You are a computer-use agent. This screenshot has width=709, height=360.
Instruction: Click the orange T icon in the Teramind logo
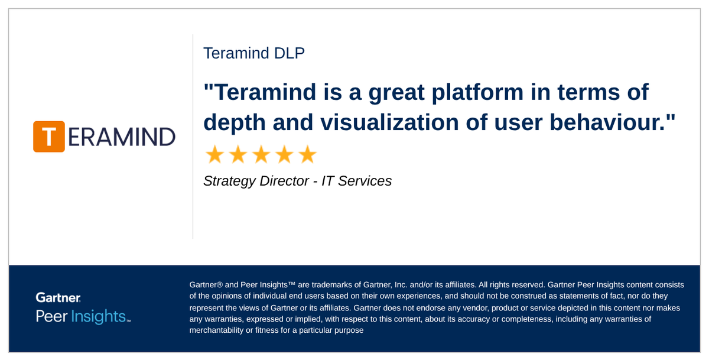point(49,137)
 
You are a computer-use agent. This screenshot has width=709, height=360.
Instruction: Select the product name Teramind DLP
point(254,53)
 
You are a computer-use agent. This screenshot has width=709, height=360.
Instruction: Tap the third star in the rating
point(261,155)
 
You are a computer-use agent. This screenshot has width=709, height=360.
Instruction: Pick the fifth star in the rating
point(307,155)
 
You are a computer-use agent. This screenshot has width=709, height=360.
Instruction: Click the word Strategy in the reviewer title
point(229,181)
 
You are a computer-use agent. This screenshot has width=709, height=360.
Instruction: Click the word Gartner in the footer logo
point(58,298)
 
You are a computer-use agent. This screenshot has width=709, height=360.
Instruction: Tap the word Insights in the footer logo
point(99,316)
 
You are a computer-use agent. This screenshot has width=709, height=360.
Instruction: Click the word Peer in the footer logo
point(51,316)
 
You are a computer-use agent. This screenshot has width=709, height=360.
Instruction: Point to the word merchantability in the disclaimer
point(216,330)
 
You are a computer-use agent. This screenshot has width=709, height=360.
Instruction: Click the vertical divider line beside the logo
point(193,137)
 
